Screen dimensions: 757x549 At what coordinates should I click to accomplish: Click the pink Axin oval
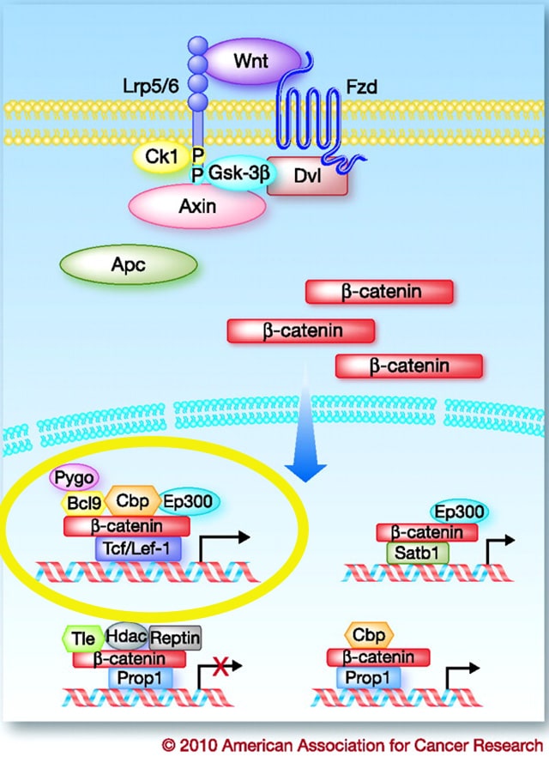tap(196, 206)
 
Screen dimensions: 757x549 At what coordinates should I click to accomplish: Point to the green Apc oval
tap(128, 265)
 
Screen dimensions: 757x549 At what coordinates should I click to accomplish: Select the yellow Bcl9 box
tap(82, 503)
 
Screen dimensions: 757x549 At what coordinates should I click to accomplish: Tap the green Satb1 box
tap(418, 553)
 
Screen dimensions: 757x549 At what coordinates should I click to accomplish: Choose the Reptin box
tap(175, 638)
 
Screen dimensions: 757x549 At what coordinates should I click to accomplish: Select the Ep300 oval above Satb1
tap(458, 512)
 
